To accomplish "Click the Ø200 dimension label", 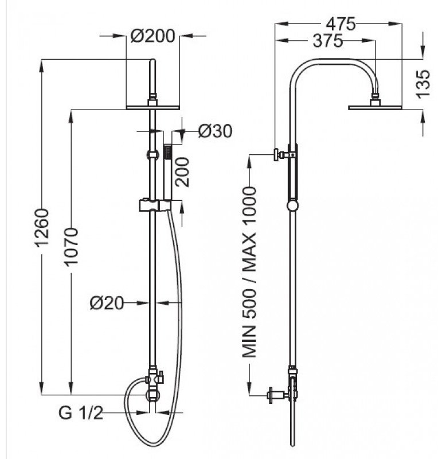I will point(152,36).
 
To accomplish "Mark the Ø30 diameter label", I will point(215,131).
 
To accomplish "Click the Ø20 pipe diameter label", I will point(107,302).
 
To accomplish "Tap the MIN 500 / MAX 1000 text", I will point(248,273).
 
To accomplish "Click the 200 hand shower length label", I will point(183,171).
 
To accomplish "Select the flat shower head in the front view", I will point(152,107).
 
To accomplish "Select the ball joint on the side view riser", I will point(293,205).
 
